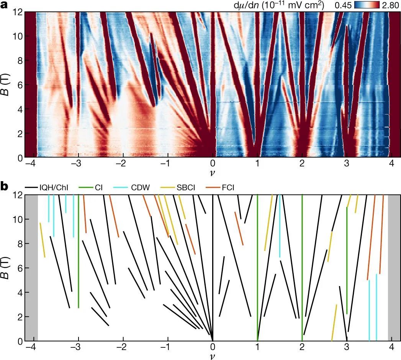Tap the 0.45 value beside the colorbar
tap(343, 5)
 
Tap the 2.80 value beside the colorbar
tap(390, 5)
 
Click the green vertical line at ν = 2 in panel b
tap(302, 268)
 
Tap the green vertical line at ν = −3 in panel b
tap(79, 249)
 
